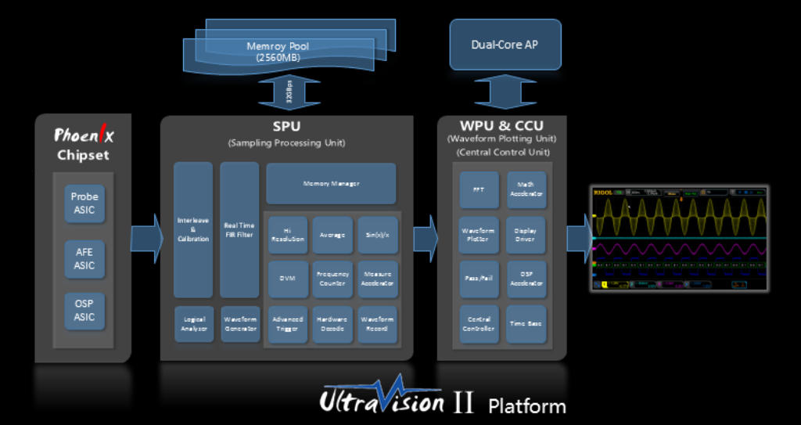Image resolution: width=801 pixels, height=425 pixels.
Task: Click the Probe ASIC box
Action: (84, 203)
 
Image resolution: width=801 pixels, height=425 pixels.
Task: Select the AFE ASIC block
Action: (84, 258)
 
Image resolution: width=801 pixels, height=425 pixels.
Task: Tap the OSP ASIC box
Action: (84, 311)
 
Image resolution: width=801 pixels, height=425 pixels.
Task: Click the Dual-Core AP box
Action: (505, 45)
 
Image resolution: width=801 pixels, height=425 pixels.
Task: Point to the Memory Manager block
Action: (331, 183)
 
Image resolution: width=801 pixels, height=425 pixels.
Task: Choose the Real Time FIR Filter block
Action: (239, 229)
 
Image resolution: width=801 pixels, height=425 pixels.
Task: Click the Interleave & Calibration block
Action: (193, 229)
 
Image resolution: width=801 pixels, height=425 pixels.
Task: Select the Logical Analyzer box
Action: (193, 324)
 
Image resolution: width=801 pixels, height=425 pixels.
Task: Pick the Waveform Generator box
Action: (239, 324)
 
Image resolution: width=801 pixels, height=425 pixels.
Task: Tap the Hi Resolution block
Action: (287, 234)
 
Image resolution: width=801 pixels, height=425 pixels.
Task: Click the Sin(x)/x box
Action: (378, 234)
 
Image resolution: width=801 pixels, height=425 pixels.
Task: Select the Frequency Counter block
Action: (332, 279)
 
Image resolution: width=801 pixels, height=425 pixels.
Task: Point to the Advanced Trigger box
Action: (287, 324)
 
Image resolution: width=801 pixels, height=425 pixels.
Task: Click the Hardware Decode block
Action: (332, 324)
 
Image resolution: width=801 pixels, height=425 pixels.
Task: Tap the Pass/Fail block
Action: (479, 279)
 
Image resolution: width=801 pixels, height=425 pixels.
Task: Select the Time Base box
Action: (526, 323)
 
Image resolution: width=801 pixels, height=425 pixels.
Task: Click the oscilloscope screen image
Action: (679, 238)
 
